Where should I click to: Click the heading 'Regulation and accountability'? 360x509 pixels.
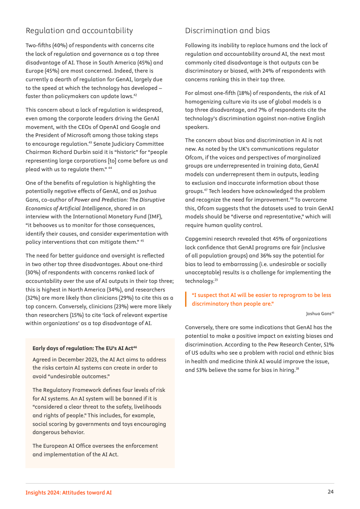[79, 31]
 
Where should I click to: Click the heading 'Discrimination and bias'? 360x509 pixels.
[227, 31]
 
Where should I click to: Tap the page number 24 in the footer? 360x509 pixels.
[331, 492]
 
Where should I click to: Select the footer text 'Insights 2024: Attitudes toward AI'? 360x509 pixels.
[68, 492]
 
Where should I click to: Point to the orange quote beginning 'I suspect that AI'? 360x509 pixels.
[261, 299]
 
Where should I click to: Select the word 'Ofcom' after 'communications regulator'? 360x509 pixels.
[193, 158]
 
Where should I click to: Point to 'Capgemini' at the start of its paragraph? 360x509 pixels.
[199, 239]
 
